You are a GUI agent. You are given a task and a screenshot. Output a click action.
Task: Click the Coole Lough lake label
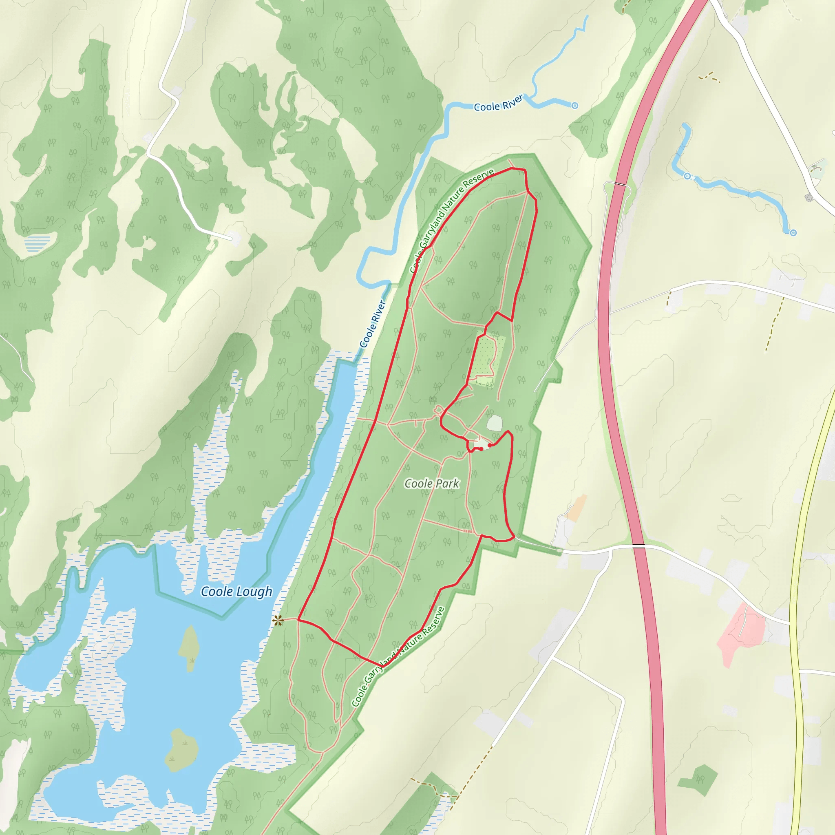236,591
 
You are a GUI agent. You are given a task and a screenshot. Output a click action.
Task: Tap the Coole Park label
431,484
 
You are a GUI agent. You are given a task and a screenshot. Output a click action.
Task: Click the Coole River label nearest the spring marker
498,103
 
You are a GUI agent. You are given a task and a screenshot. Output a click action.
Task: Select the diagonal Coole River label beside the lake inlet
372,324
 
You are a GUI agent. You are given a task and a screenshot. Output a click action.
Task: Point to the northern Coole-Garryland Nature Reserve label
452,221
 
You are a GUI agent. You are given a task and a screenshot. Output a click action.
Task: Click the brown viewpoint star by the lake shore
278,621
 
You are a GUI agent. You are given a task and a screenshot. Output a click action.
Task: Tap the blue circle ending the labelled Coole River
574,106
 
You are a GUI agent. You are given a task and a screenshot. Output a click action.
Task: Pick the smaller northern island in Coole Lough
190,648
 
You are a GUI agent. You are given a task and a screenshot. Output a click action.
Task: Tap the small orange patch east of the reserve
577,508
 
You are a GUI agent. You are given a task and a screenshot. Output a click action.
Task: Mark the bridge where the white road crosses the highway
638,546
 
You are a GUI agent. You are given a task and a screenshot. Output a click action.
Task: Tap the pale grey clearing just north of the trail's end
495,423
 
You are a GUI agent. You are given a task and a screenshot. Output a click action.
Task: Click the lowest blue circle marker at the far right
793,232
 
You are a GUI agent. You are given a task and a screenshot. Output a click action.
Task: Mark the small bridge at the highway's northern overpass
620,185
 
